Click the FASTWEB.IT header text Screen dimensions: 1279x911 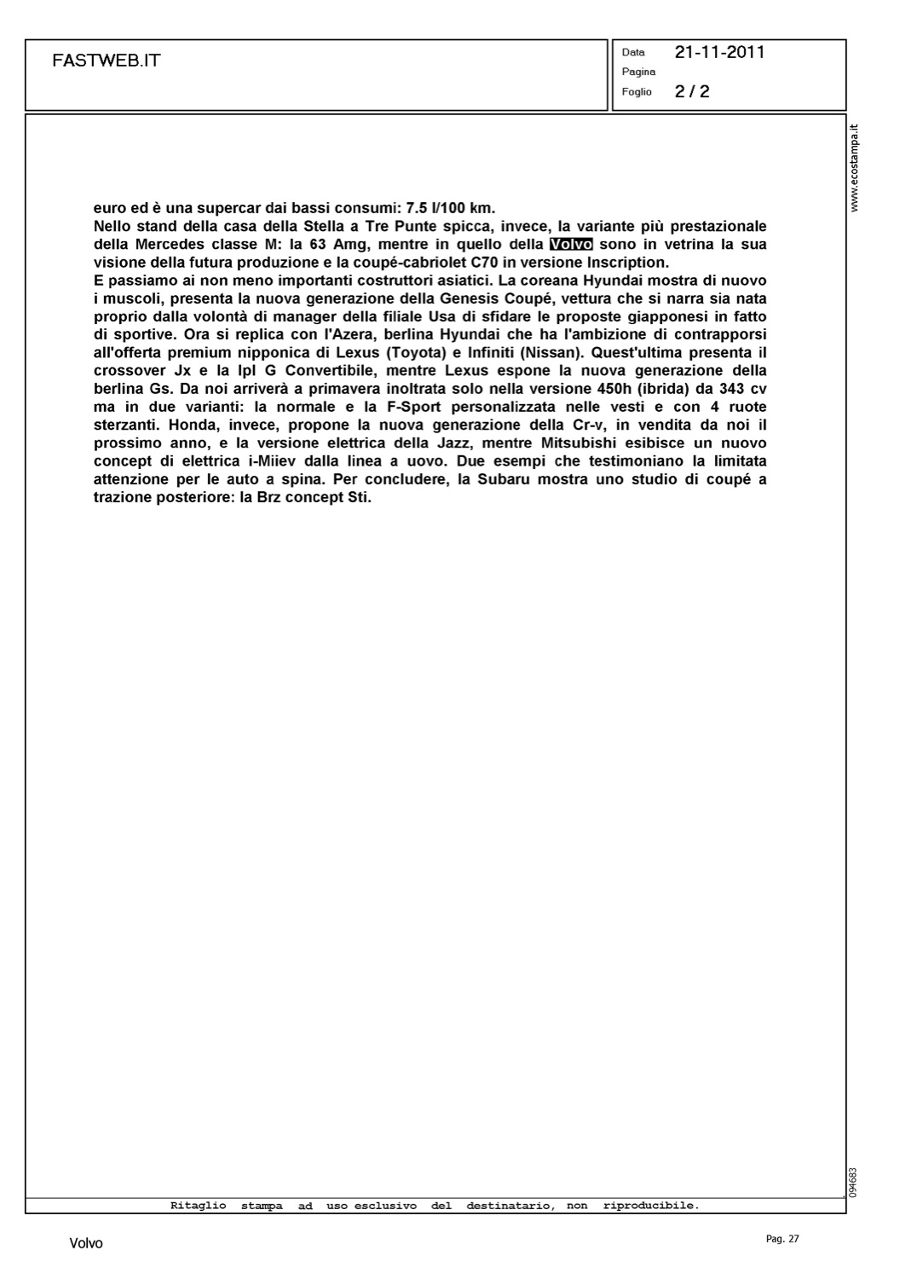click(x=106, y=61)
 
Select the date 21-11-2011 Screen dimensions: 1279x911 click(x=719, y=52)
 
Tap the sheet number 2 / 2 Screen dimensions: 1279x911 click(x=692, y=91)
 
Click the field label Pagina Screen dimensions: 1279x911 click(x=638, y=72)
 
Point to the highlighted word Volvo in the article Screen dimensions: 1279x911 click(x=571, y=245)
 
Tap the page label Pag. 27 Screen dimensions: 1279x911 click(x=782, y=1239)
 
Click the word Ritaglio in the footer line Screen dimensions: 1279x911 click(x=199, y=1206)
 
